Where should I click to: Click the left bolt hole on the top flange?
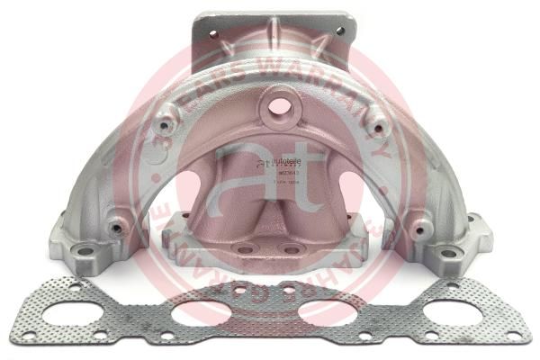pyautogui.click(x=213, y=33)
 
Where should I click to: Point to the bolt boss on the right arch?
pyautogui.click(x=378, y=127)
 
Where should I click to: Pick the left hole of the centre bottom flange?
pyautogui.click(x=246, y=249)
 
